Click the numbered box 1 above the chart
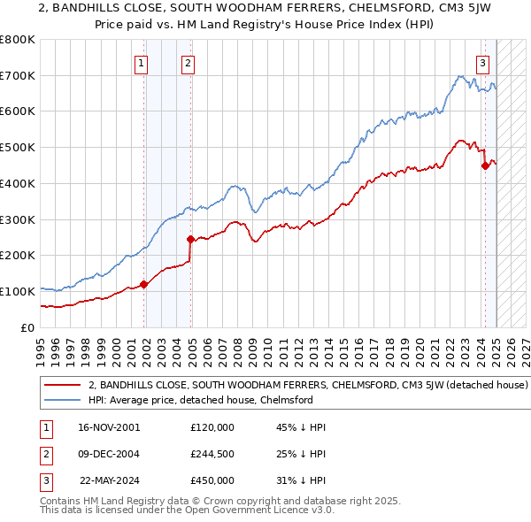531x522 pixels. pyautogui.click(x=142, y=63)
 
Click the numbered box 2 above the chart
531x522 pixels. pyautogui.click(x=189, y=63)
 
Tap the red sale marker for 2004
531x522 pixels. pyautogui.click(x=190, y=239)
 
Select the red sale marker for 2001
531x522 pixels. pyautogui.click(x=144, y=284)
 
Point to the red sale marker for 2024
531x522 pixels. pyautogui.click(x=485, y=165)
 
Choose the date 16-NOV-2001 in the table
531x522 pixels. pyautogui.click(x=109, y=427)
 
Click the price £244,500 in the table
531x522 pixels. pyautogui.click(x=212, y=454)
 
